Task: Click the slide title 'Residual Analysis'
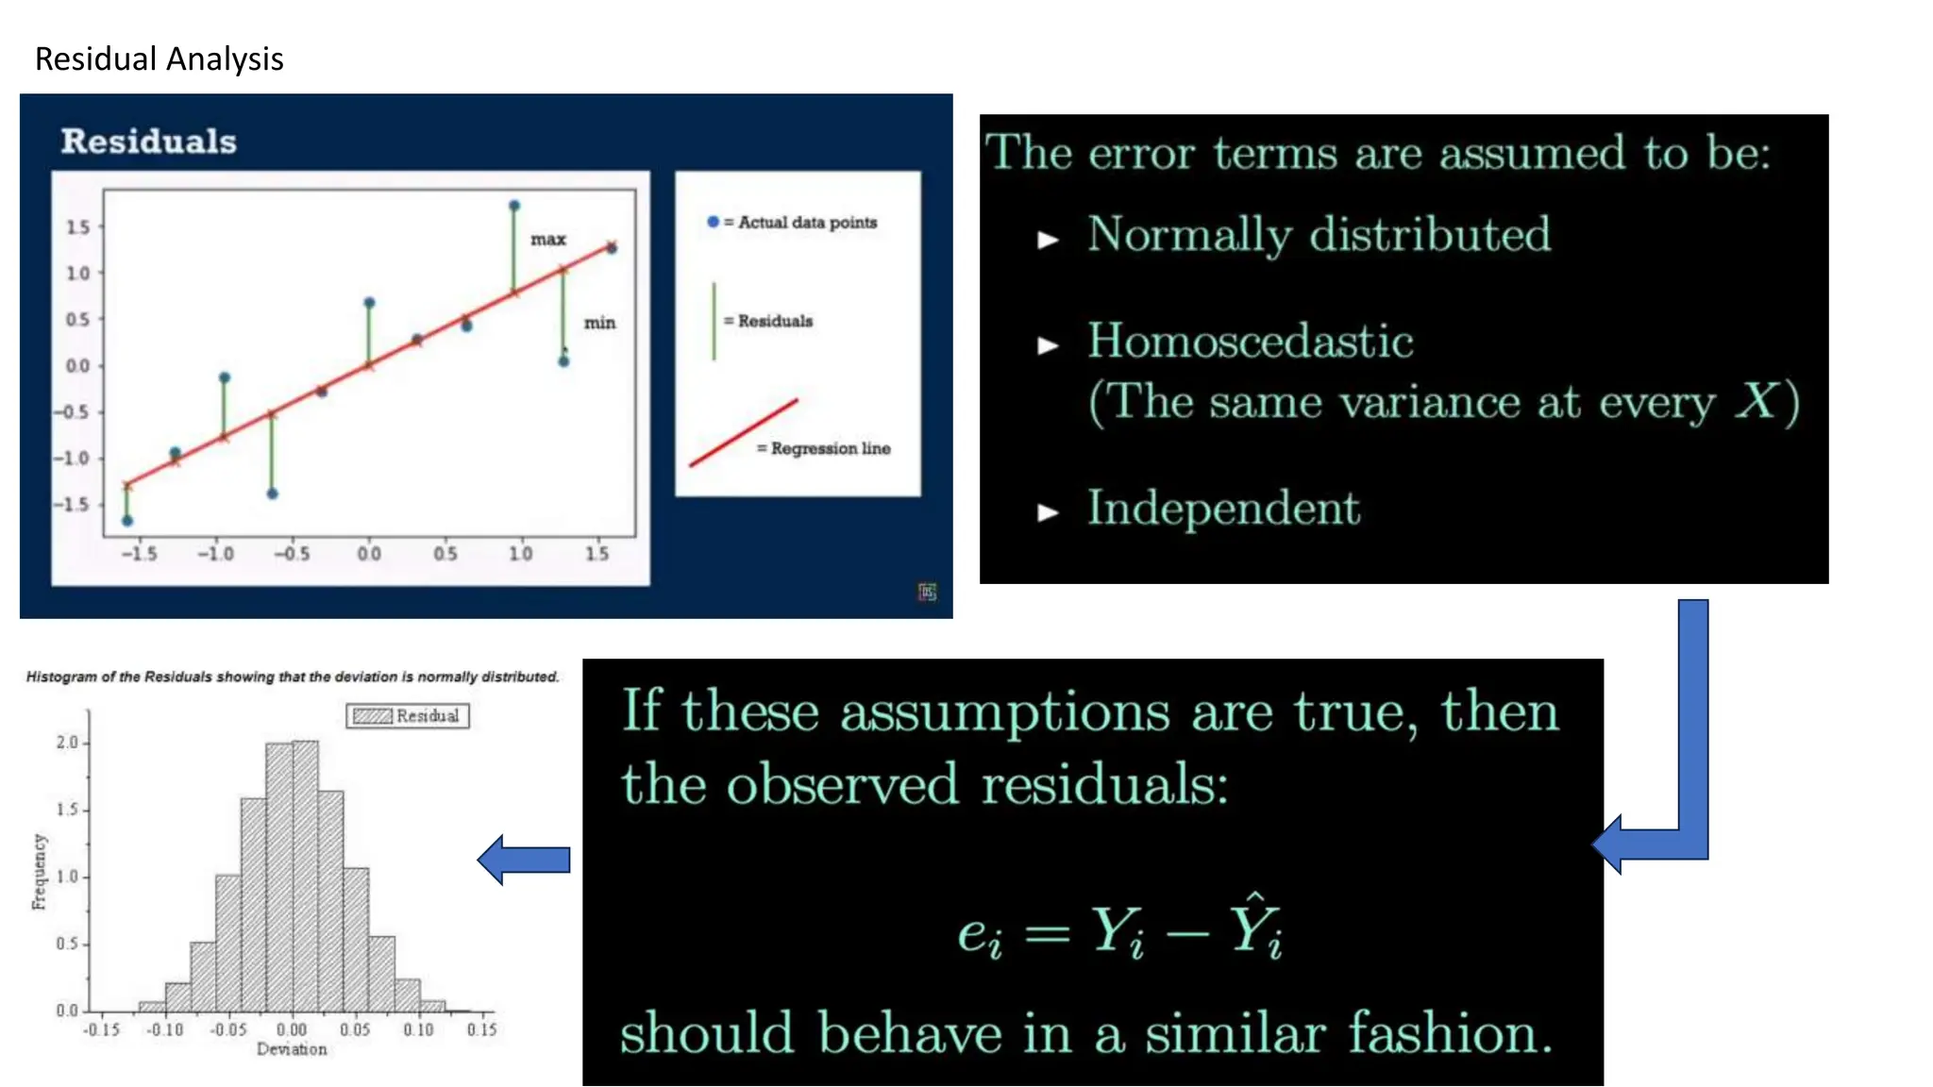click(159, 59)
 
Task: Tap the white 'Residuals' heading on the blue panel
click(148, 142)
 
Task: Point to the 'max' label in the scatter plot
click(547, 240)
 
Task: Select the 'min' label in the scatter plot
click(599, 323)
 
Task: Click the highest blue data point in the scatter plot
click(514, 206)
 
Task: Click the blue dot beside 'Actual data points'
click(713, 222)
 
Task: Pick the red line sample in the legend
click(744, 432)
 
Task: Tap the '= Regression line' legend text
click(824, 448)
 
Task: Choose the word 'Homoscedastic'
click(1250, 341)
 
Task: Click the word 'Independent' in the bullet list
click(1223, 509)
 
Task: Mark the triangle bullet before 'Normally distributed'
click(1048, 240)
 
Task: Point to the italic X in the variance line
click(1757, 401)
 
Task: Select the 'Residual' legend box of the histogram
click(408, 716)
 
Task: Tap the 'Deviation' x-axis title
click(292, 1049)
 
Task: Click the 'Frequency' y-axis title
click(39, 872)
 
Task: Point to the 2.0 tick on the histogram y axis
click(67, 743)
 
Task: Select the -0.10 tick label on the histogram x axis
click(164, 1029)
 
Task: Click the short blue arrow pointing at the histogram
click(525, 860)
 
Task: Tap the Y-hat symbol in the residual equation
click(1255, 927)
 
